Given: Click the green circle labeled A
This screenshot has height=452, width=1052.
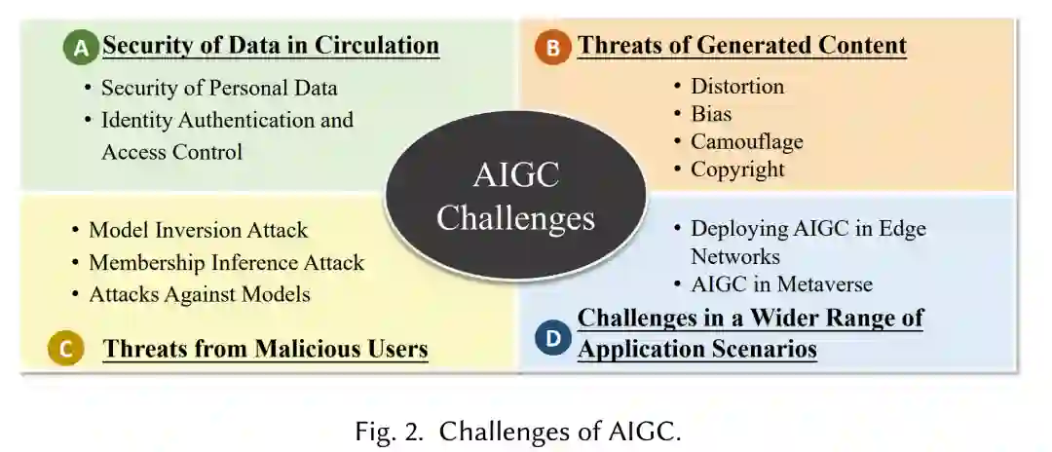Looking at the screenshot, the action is tap(81, 47).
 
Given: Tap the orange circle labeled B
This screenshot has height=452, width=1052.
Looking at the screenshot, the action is tap(552, 47).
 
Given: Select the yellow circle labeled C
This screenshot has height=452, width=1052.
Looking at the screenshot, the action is tap(66, 349).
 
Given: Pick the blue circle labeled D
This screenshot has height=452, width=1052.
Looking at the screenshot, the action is tap(552, 338).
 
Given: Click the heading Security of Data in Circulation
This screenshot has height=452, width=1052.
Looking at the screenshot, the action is tap(271, 46).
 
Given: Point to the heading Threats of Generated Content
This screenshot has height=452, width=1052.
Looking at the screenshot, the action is tap(742, 46).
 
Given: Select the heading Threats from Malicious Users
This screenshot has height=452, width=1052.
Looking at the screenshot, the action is tap(265, 349).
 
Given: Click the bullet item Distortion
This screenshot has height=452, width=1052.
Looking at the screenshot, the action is tap(737, 86).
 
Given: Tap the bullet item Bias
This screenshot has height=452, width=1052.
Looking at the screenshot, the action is tap(711, 113).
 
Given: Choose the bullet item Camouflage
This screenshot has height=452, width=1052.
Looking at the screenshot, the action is tap(747, 141).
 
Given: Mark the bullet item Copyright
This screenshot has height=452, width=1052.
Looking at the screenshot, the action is tap(737, 169).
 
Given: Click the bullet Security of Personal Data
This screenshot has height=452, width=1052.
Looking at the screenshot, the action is tap(219, 88).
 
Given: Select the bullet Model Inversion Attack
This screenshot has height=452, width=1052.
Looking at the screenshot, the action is tap(198, 230).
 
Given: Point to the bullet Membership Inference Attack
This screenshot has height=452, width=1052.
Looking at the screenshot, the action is tap(226, 262).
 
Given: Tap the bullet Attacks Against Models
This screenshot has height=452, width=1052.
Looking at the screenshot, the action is tap(200, 293).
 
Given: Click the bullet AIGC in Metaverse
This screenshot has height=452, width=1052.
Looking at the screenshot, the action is tap(781, 284).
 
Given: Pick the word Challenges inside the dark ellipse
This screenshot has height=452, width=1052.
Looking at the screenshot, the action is tap(515, 217).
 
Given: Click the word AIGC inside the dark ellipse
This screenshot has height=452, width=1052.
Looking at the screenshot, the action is tap(515, 177).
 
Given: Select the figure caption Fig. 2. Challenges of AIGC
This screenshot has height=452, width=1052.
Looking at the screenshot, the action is tap(517, 432).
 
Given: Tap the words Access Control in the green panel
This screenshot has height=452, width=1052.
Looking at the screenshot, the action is tap(171, 151).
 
